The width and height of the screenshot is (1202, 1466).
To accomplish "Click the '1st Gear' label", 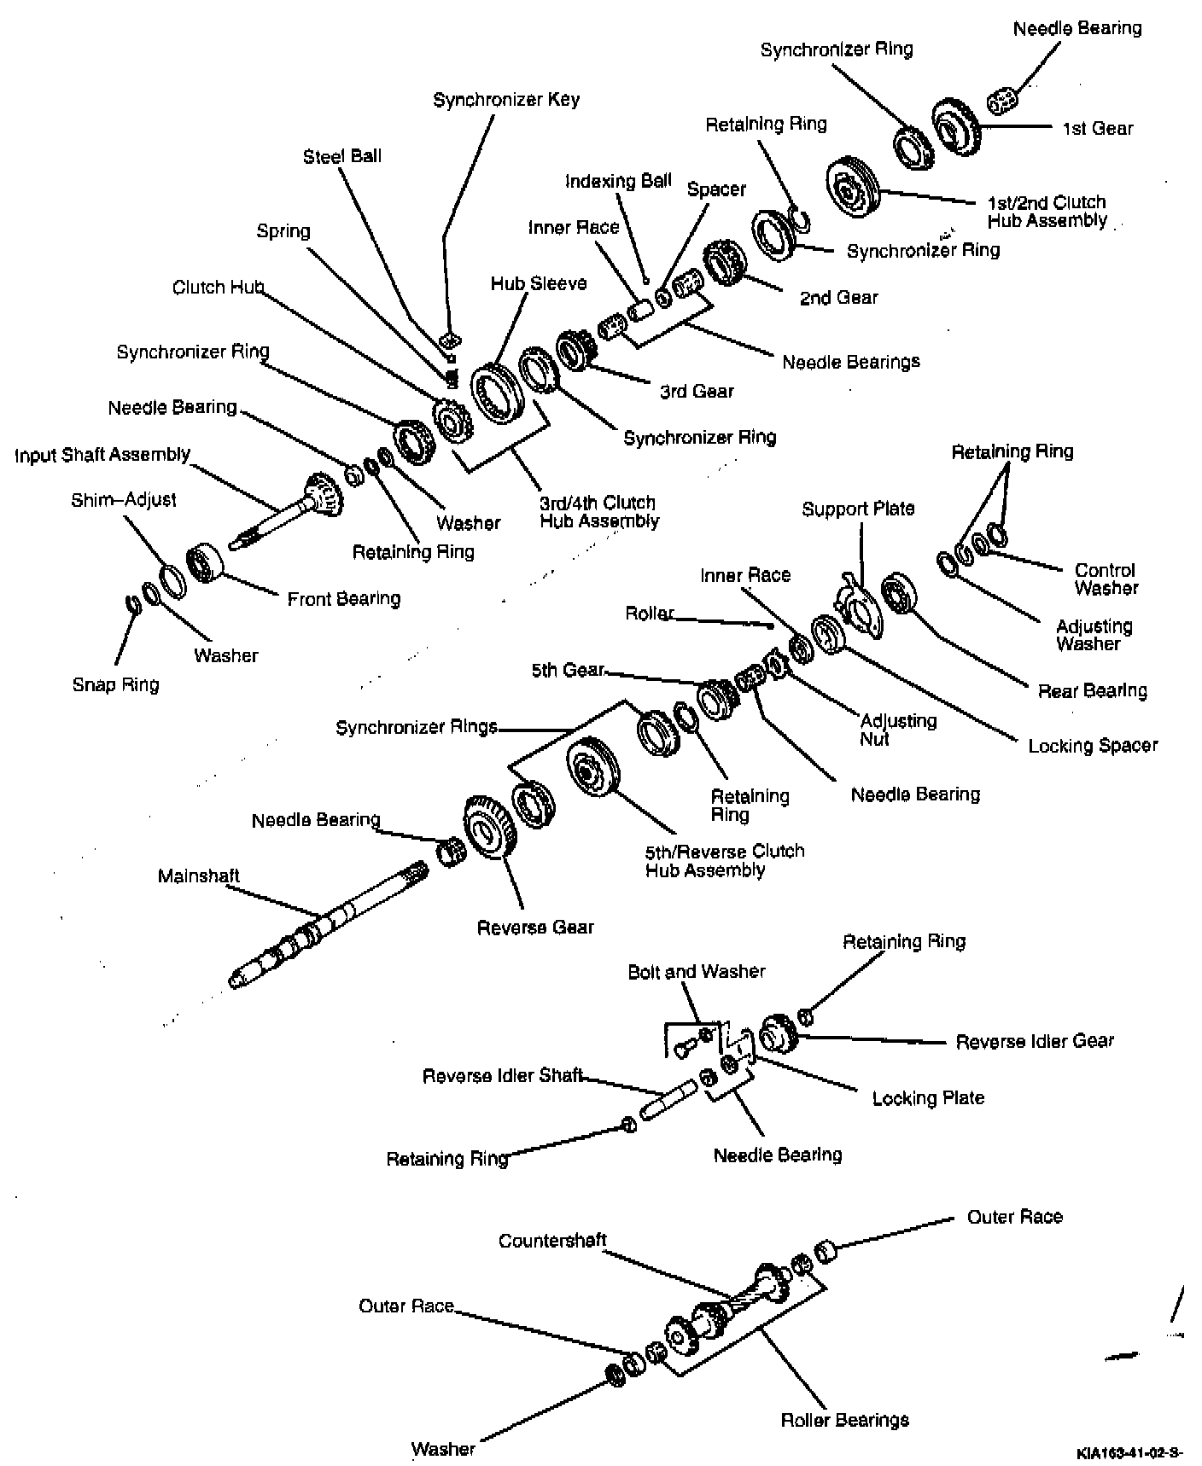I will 1097,129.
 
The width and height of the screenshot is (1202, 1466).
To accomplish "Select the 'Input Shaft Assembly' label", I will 102,455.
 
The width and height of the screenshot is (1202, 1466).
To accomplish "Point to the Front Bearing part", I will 205,562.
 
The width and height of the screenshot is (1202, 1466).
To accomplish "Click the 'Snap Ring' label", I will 115,684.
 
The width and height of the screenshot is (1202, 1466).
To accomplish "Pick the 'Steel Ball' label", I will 341,156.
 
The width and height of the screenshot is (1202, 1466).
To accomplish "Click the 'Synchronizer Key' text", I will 506,100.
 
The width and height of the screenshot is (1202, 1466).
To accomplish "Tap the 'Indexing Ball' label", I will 618,182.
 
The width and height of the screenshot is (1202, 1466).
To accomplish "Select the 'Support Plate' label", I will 858,509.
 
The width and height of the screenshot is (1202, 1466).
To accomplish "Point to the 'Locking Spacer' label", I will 1092,746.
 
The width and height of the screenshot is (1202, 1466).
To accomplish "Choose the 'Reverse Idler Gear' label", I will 1034,1041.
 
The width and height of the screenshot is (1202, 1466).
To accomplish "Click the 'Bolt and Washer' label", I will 697,972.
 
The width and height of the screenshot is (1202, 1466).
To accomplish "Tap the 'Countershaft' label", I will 552,1241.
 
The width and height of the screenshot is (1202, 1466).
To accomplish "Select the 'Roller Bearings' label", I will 844,1420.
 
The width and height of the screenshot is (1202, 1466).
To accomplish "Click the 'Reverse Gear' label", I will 535,927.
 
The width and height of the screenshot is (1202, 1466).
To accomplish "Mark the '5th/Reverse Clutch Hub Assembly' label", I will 724,860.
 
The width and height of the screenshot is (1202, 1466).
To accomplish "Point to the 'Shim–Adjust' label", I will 123,500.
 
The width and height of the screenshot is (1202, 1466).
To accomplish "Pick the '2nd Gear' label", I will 838,298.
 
